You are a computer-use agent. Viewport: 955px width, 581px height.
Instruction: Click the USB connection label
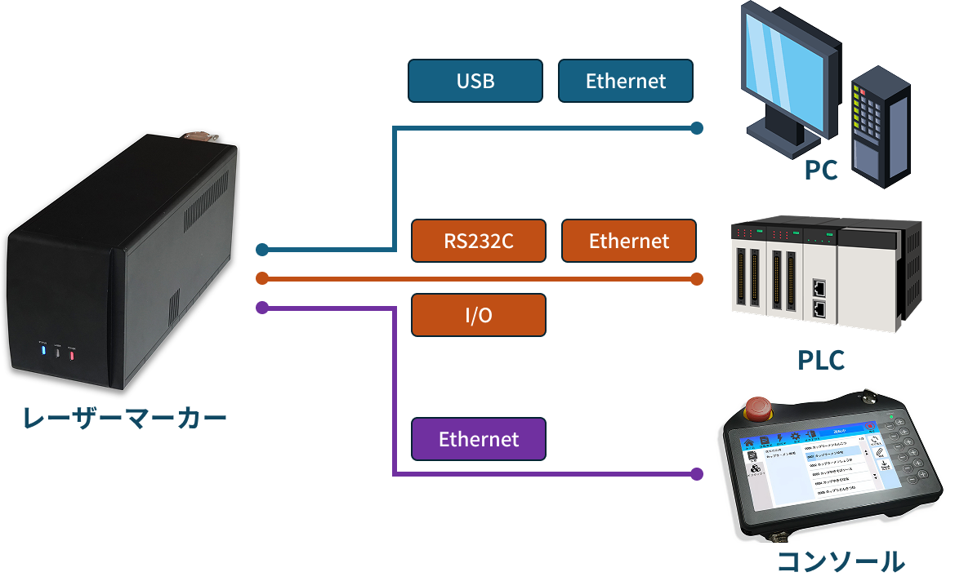475,81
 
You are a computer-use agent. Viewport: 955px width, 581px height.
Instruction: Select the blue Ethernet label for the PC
626,81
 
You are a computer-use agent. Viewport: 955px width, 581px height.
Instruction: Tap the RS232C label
479,241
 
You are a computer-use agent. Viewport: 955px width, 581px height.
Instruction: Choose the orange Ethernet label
629,241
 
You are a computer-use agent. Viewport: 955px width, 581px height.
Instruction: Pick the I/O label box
479,315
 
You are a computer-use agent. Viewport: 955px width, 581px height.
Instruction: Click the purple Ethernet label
479,439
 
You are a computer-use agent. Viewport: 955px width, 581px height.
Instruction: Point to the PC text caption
820,170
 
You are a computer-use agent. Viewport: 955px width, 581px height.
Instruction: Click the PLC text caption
820,360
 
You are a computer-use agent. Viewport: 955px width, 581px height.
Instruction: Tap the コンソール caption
840,562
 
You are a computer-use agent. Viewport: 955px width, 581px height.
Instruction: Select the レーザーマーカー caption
124,419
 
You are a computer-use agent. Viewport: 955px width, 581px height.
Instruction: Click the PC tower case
879,131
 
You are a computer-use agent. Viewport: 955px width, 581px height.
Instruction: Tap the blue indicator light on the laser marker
42,352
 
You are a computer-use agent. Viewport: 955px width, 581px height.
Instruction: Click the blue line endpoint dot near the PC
697,128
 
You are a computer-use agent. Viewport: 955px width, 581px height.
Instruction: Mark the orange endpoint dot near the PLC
697,279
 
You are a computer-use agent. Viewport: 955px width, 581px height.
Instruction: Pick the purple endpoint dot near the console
697,473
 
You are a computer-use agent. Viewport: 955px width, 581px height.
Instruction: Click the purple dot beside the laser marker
262,308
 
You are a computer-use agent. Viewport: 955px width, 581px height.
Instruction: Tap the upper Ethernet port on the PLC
819,287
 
